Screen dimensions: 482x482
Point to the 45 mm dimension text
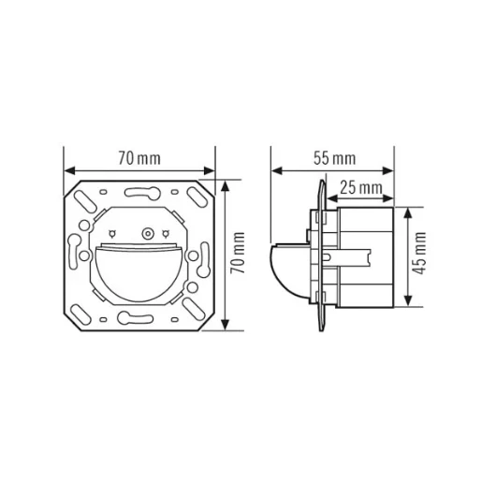[x=420, y=255]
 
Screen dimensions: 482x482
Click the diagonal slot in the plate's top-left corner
[x=86, y=201]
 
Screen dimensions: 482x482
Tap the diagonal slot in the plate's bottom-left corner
[x=86, y=307]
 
